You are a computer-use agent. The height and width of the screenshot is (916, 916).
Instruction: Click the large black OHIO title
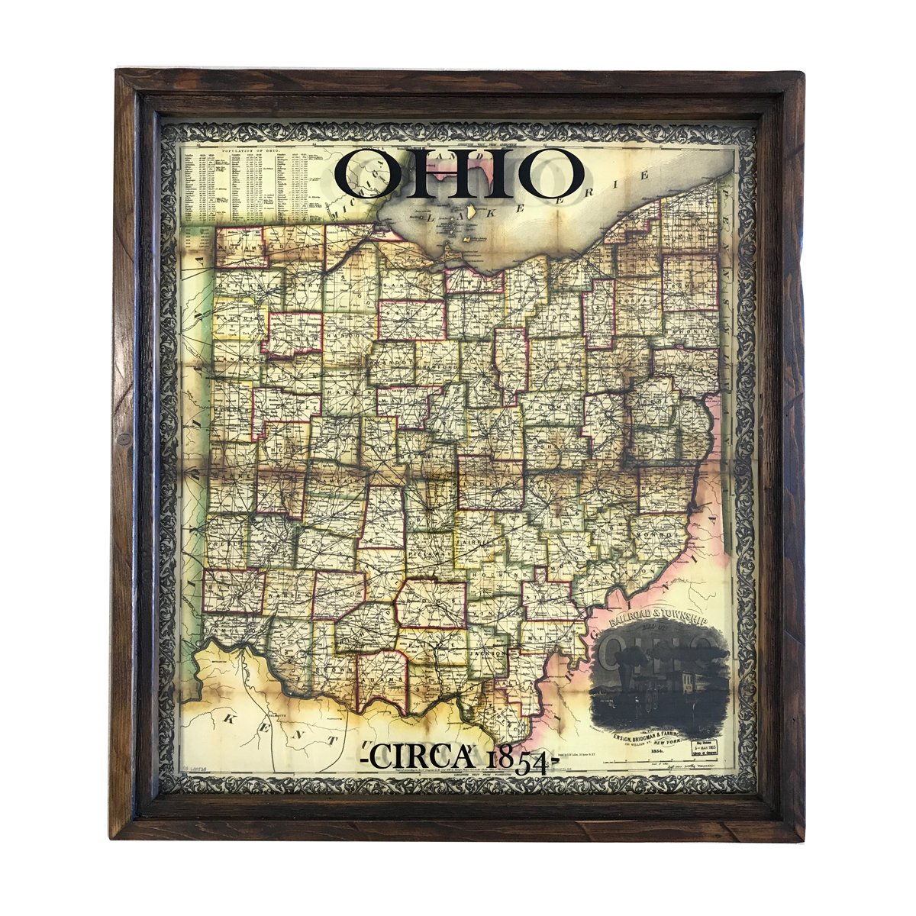pyautogui.click(x=460, y=173)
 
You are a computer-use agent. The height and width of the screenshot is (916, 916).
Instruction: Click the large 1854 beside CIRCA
pyautogui.click(x=516, y=761)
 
